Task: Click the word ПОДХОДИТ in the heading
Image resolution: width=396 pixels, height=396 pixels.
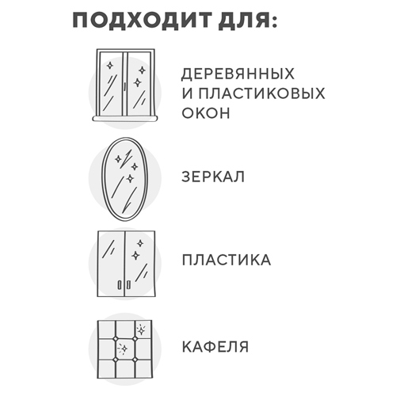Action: tap(143, 20)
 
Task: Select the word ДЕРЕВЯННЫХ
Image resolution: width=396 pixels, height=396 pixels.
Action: tap(238, 74)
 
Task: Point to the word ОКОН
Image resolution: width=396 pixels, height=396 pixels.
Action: tap(206, 112)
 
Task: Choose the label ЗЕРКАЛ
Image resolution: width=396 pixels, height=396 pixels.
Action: tap(213, 177)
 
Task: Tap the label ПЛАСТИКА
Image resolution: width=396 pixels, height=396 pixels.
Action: tap(227, 260)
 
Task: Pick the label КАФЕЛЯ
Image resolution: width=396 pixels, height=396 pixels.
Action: tap(215, 347)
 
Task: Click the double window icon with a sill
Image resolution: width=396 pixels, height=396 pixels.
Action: tap(125, 85)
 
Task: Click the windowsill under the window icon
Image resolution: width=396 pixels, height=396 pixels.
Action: tap(125, 119)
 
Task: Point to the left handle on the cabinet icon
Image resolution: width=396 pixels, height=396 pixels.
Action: tap(120, 285)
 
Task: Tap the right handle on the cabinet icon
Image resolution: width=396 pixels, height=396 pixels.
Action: tap(128, 285)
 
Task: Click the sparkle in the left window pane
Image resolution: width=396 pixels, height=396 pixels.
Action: tap(110, 66)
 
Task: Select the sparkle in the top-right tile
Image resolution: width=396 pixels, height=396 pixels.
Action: tap(142, 330)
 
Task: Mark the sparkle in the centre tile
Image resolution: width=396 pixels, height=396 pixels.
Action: tap(123, 349)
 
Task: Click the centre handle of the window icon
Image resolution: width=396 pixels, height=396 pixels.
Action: tap(124, 86)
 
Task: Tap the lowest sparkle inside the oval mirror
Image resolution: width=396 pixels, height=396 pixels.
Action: tap(130, 179)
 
